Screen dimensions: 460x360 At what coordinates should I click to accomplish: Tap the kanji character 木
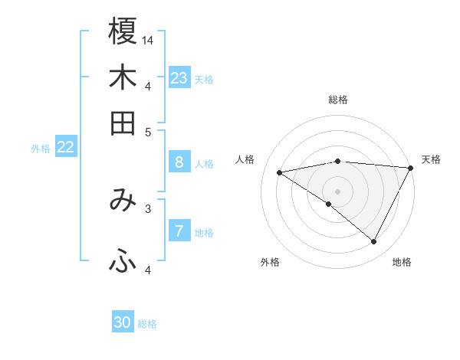[123, 77]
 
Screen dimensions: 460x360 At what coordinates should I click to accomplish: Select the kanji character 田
[123, 123]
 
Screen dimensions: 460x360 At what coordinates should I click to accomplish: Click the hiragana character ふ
[123, 262]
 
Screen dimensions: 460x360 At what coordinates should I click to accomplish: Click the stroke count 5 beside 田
[149, 132]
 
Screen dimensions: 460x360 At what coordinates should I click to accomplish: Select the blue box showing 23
[179, 77]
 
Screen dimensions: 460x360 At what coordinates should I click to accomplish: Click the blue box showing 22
[65, 147]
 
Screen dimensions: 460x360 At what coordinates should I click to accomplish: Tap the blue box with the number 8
[179, 162]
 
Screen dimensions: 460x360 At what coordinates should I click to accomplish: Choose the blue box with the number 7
[179, 231]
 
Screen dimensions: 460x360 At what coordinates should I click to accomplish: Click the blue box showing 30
[123, 322]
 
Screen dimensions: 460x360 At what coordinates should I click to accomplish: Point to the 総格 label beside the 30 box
[147, 324]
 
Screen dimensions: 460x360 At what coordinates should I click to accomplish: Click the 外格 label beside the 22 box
[41, 149]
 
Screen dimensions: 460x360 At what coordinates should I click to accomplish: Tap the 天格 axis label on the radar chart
[431, 159]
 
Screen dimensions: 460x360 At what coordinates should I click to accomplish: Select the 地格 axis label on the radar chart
[402, 262]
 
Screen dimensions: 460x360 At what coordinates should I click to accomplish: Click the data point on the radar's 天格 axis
[410, 168]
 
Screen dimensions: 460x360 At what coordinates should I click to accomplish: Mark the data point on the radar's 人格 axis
[280, 172]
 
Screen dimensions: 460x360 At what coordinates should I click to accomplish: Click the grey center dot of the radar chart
[337, 190]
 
